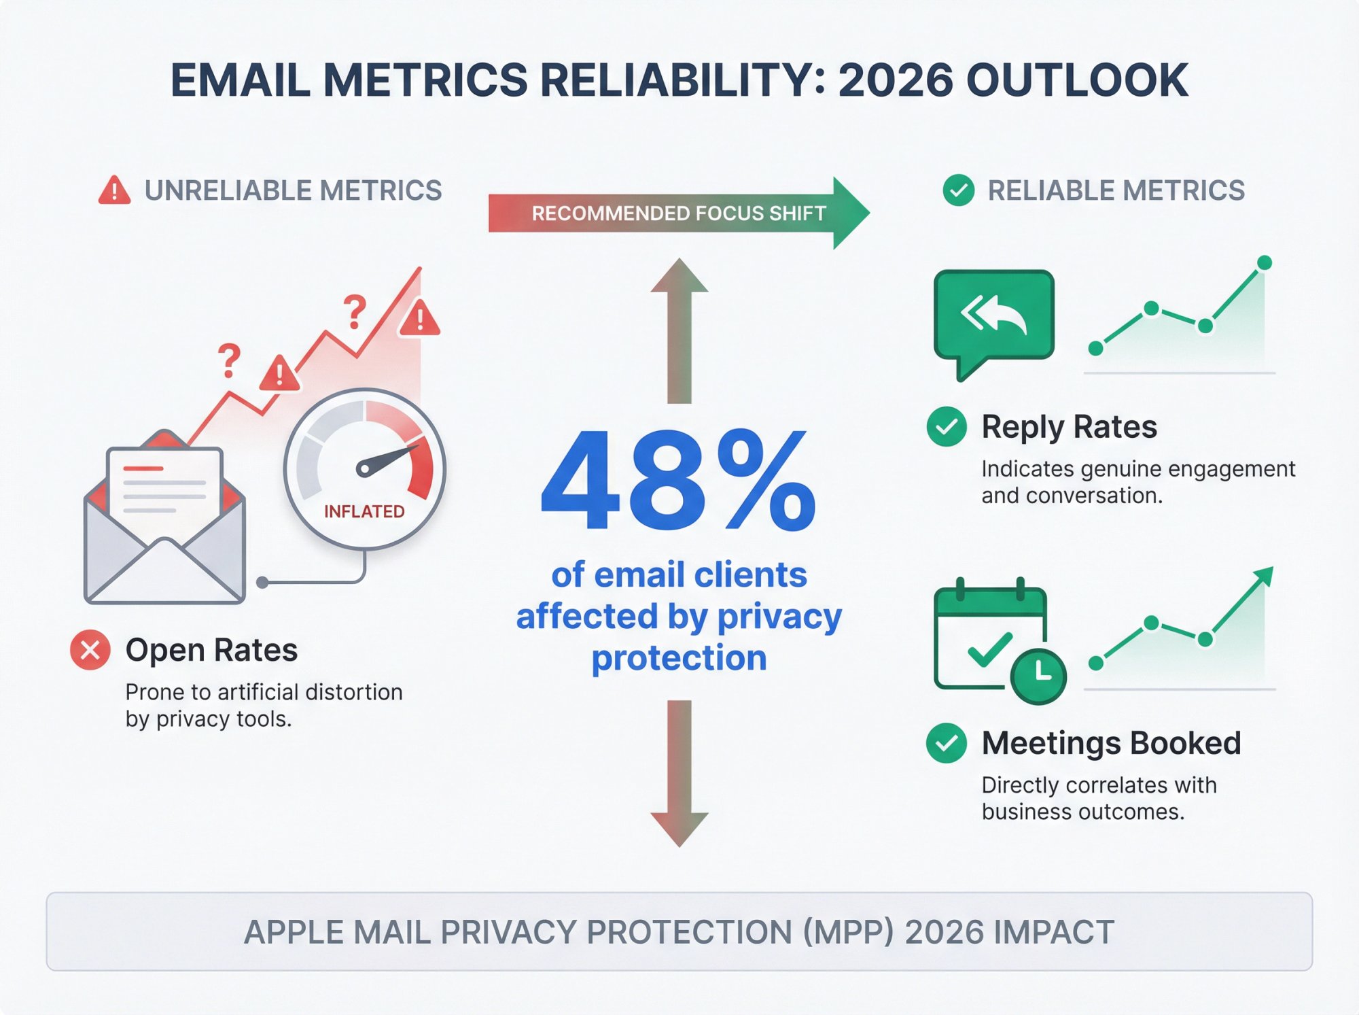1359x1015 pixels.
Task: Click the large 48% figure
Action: (678, 481)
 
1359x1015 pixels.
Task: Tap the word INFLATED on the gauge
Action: (364, 511)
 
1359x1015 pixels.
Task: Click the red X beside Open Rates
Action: (90, 650)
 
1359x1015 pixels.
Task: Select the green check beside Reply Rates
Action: (947, 426)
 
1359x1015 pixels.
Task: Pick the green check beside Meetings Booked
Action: (947, 742)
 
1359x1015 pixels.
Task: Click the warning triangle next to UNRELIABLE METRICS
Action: (114, 190)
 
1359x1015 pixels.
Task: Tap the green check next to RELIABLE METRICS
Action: (959, 190)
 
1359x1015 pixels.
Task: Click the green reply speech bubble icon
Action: (993, 316)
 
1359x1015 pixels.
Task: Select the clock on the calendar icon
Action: (1038, 676)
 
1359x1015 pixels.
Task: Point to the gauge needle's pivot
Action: (365, 468)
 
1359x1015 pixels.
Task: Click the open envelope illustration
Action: (164, 530)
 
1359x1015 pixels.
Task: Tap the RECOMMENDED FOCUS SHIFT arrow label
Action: (678, 213)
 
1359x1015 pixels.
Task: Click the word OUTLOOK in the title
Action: (1076, 80)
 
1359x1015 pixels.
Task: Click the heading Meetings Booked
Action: (1111, 742)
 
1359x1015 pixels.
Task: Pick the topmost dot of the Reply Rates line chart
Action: (1265, 262)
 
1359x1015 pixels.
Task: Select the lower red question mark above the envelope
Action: (230, 360)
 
